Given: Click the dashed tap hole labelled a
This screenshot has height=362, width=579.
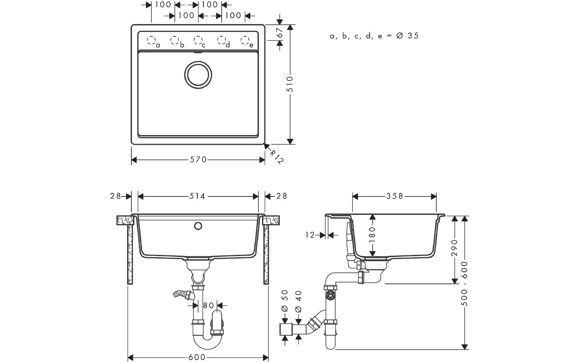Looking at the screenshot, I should (151, 40).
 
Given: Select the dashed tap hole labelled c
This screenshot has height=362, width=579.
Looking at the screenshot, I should (198, 40).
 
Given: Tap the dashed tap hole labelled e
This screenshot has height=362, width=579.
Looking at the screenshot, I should (245, 40).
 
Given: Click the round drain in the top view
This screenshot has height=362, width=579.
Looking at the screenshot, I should (198, 75).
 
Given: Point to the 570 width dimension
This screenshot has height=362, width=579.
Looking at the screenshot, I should (198, 160).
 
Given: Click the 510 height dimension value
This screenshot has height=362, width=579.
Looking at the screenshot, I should (290, 84).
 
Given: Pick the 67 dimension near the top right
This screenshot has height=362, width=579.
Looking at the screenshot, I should (280, 33).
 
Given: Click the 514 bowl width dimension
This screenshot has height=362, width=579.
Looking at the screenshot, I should (197, 196).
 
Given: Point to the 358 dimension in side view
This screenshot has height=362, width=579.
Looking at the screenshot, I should (394, 196).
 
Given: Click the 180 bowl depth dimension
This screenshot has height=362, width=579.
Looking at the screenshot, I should (372, 234).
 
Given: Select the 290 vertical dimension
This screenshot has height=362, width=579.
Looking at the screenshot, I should (455, 248).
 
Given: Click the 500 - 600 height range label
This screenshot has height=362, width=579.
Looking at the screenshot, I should (465, 284).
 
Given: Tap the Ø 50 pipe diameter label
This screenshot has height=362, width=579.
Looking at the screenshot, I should (285, 301).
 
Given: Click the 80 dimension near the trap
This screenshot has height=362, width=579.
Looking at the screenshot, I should (208, 306).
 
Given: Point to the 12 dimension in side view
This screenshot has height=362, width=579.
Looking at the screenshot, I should (310, 235).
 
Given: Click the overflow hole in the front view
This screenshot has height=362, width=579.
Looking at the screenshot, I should (198, 225).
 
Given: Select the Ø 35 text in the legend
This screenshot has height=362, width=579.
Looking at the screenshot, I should (408, 36).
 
